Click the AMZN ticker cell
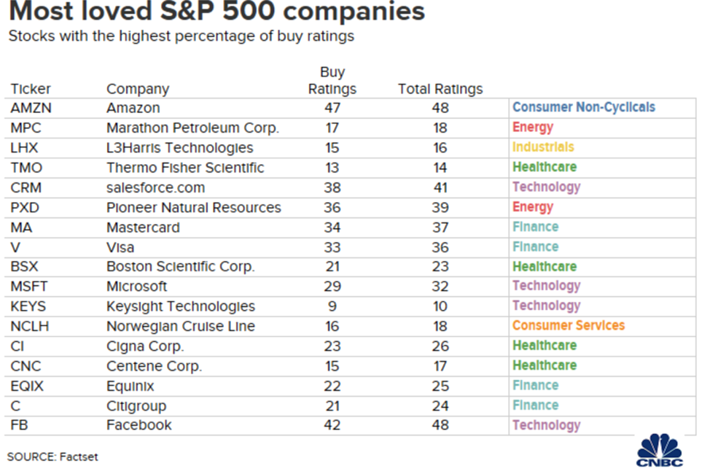point(31,108)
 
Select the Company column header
point(138,89)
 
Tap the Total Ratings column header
point(440,89)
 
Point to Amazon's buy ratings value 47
point(332,108)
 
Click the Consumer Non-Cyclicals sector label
point(584,107)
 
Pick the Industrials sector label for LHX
point(543,147)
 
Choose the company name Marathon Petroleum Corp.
point(192,128)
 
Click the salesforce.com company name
point(156,187)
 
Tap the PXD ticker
point(25,208)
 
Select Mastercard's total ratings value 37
point(440,228)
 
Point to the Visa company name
point(120,247)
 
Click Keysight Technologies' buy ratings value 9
point(332,306)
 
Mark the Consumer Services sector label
point(569,325)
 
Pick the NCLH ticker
point(29,326)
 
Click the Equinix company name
point(130,386)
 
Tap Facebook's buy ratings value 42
point(332,425)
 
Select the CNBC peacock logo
point(659,451)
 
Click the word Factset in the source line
point(79,456)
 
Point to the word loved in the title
point(115,11)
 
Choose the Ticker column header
point(31,89)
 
